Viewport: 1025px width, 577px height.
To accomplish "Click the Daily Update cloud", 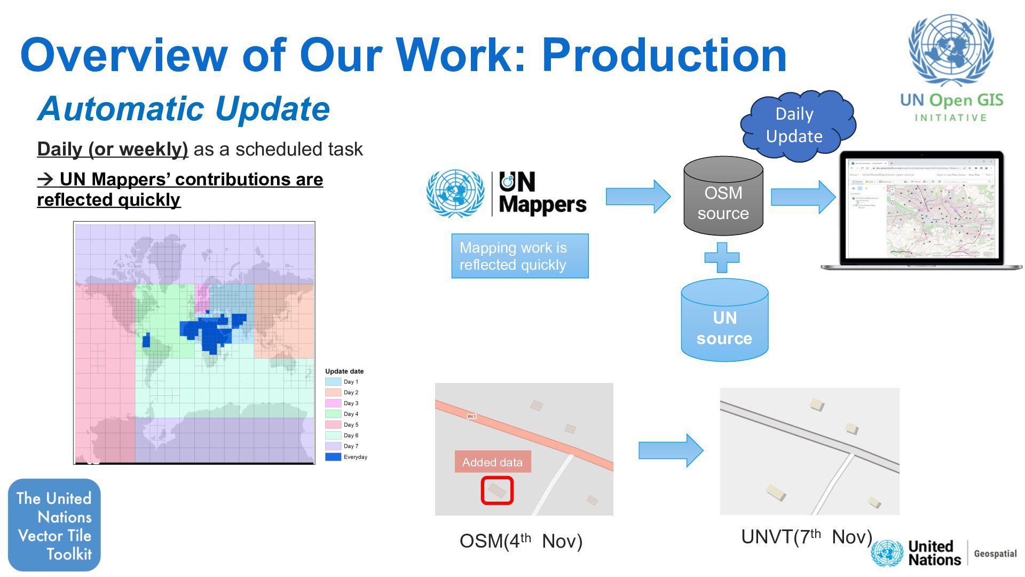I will (795, 126).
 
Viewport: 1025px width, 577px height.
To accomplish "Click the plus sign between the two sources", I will (722, 258).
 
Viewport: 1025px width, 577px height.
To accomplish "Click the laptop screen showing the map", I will (921, 208).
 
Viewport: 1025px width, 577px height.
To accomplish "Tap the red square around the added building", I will (497, 490).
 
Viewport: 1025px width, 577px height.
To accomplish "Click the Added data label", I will (492, 462).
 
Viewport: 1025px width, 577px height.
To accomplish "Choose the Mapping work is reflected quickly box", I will (519, 256).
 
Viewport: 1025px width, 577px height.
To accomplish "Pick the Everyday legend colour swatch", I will (333, 457).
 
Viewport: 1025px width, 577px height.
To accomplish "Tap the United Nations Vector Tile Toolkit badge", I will (54, 525).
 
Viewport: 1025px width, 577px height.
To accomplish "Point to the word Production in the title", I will (664, 55).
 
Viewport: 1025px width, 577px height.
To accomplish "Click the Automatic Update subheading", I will (184, 109).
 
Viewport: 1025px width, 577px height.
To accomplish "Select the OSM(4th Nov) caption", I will (521, 541).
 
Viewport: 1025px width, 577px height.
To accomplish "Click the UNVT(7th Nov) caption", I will (806, 537).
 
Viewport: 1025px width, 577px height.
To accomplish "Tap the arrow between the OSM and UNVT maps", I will (671, 450).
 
